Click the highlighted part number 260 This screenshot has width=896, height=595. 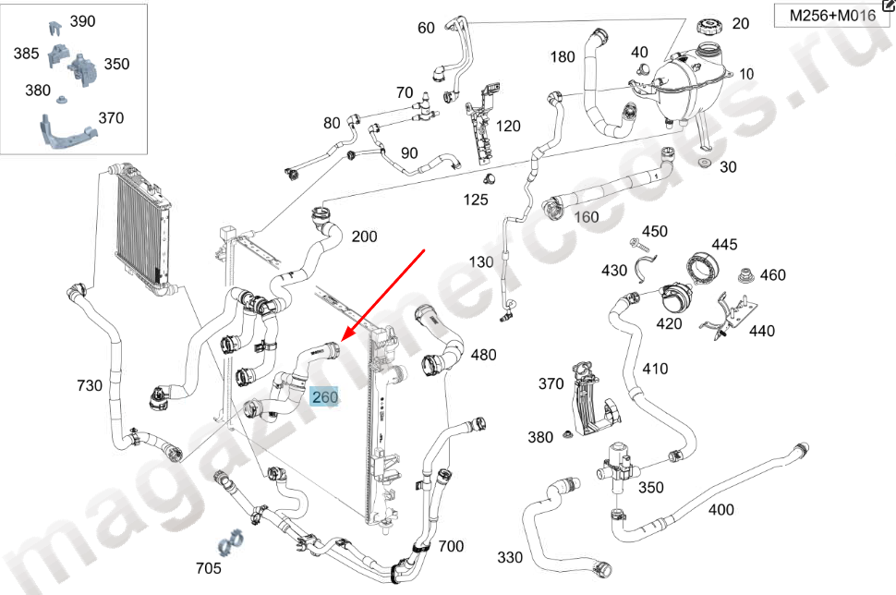324,396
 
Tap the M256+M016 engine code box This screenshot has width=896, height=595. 831,16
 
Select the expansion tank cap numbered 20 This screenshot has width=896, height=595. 709,26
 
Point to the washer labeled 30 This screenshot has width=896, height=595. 705,164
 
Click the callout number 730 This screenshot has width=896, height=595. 90,385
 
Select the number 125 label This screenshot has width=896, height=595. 476,200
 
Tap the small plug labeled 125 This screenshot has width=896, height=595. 489,179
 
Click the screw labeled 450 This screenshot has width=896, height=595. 640,245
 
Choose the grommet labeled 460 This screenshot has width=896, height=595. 745,275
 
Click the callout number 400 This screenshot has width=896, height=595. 721,509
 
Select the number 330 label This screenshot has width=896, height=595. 510,557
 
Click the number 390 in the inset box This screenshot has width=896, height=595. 82,21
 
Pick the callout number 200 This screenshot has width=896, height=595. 364,236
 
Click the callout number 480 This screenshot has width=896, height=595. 483,355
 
